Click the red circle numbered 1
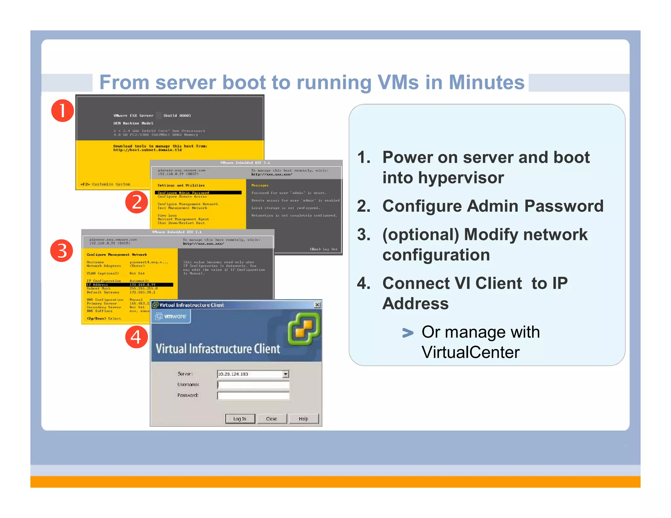[x=62, y=111]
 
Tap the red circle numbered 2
[x=137, y=202]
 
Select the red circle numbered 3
[x=62, y=251]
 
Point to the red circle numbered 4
[x=136, y=337]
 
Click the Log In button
[x=240, y=419]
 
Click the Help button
[x=303, y=419]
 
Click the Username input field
[x=253, y=385]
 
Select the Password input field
[x=253, y=396]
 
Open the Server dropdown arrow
[x=286, y=374]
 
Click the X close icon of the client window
[x=317, y=305]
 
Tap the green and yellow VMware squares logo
[x=304, y=329]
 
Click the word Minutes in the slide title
[x=486, y=82]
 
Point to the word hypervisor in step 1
[x=443, y=178]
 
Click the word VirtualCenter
[x=470, y=352]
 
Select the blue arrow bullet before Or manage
[x=408, y=333]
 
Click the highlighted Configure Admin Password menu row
[x=198, y=193]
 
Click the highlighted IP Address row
[x=130, y=285]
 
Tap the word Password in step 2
[x=564, y=206]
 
